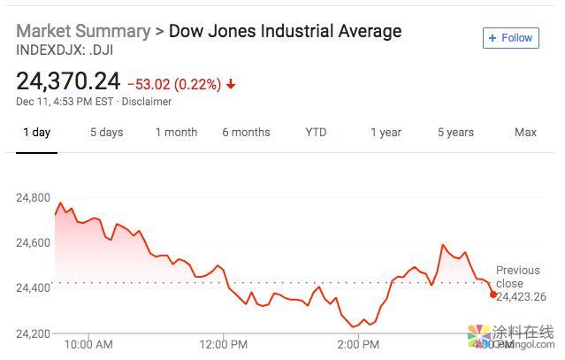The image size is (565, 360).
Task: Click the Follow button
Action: click(x=510, y=38)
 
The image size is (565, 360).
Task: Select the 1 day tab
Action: click(x=36, y=133)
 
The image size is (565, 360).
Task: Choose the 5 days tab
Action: click(x=106, y=133)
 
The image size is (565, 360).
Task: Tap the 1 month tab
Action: click(x=176, y=133)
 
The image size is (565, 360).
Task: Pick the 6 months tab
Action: click(x=246, y=133)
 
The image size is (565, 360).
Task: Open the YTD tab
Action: click(x=316, y=133)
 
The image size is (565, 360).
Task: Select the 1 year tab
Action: click(x=386, y=133)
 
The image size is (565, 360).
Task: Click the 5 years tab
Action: click(x=455, y=133)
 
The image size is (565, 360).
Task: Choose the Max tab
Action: click(x=525, y=133)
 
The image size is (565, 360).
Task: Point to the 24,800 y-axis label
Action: click(x=34, y=197)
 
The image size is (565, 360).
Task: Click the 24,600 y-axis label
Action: click(x=34, y=242)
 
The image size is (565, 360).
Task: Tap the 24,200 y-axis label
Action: click(x=34, y=333)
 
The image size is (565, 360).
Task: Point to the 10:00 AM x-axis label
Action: click(x=89, y=344)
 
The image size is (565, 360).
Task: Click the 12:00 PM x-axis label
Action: click(x=223, y=344)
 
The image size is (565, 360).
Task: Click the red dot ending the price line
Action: click(x=492, y=294)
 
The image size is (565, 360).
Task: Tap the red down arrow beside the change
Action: click(x=231, y=84)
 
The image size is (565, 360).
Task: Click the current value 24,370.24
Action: click(x=68, y=82)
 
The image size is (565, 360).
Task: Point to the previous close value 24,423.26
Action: click(x=521, y=297)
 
